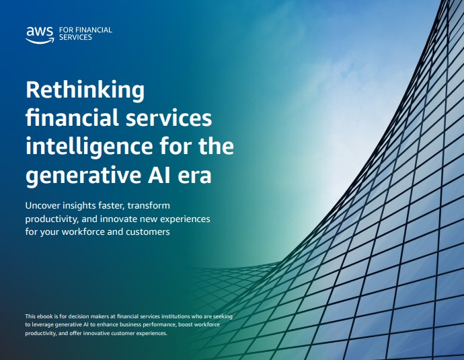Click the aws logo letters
pyautogui.click(x=40, y=32)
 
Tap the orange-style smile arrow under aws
pyautogui.click(x=40, y=41)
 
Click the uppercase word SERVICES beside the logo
pyautogui.click(x=75, y=37)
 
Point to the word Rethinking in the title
pyautogui.click(x=85, y=91)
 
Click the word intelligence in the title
pyautogui.click(x=89, y=146)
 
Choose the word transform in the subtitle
pyautogui.click(x=149, y=205)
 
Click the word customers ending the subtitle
pyautogui.click(x=148, y=231)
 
